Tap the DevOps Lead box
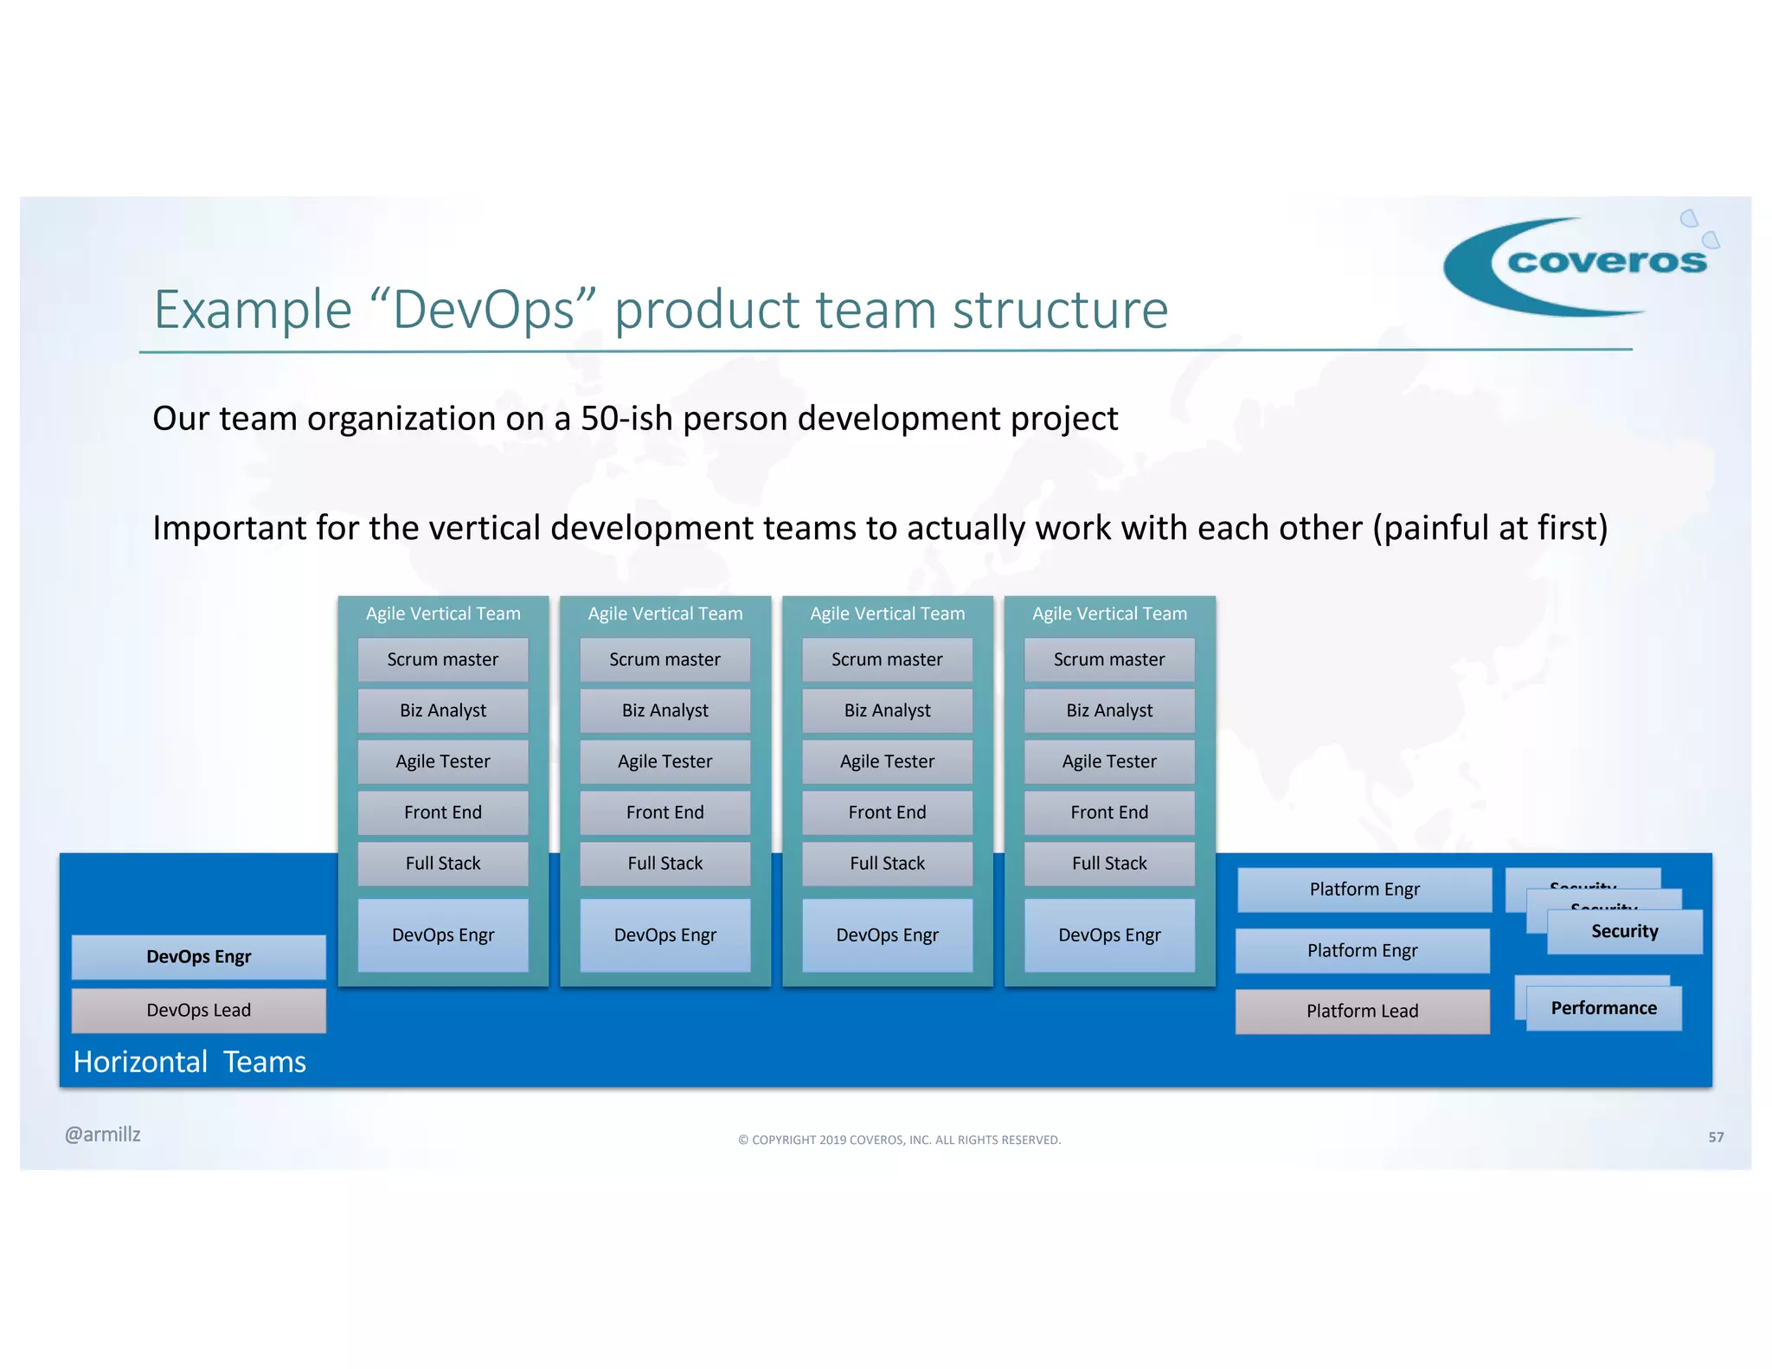click(198, 1010)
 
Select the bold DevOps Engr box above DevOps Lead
click(198, 956)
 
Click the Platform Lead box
click(1362, 1011)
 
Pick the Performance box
click(1603, 1008)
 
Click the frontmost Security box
click(1624, 932)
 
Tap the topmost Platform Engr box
click(1364, 889)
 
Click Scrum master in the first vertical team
click(442, 659)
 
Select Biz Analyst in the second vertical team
click(664, 710)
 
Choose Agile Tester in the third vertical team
click(887, 762)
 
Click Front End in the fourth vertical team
click(1108, 813)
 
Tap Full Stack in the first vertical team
click(442, 864)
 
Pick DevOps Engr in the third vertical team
click(887, 935)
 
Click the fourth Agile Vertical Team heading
click(1109, 614)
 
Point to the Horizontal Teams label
click(189, 1062)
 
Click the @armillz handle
click(102, 1134)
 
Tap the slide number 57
click(1715, 1137)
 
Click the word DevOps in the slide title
click(483, 310)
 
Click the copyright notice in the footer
click(899, 1140)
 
